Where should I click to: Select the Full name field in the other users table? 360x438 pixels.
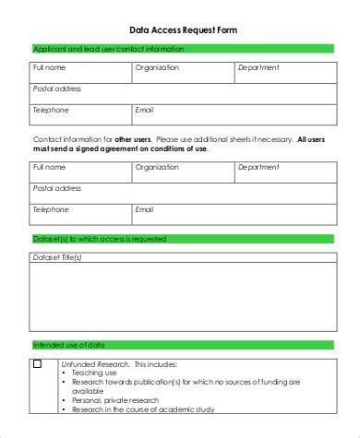click(79, 172)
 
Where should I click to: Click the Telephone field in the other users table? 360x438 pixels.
click(79, 214)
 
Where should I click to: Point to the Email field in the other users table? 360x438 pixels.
click(231, 214)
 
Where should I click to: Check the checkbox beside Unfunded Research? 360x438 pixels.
click(38, 364)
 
